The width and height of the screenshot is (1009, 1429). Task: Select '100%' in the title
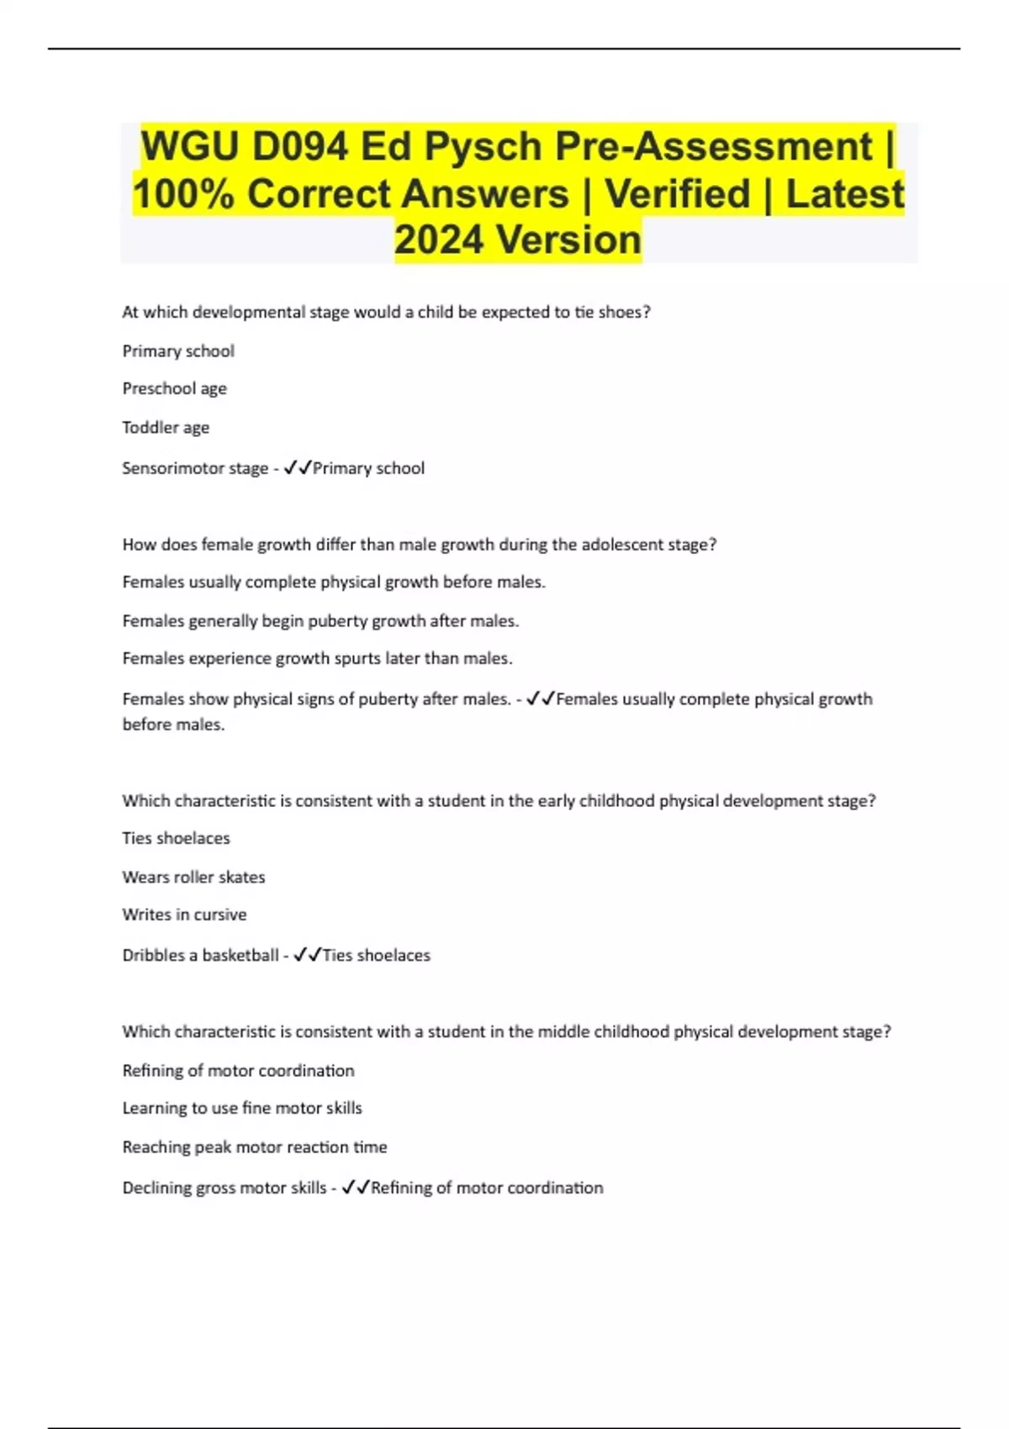[182, 194]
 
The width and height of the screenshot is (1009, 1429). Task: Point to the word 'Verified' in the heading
[678, 194]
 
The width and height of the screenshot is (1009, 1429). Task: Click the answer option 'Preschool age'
[175, 388]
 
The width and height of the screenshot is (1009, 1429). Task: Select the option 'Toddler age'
[166, 427]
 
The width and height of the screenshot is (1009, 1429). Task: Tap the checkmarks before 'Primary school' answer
[298, 467]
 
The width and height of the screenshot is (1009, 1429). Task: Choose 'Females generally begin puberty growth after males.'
[320, 620]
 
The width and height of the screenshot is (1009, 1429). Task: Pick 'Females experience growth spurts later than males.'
[317, 658]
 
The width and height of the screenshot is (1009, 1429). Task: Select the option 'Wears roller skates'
[193, 877]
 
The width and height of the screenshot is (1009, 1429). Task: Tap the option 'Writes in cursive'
[184, 915]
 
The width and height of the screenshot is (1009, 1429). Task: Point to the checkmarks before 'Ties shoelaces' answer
[308, 955]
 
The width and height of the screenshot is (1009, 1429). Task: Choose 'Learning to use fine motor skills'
[242, 1108]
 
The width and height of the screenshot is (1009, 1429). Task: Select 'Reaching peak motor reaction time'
[255, 1147]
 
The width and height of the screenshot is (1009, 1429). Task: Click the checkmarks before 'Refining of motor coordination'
[356, 1188]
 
